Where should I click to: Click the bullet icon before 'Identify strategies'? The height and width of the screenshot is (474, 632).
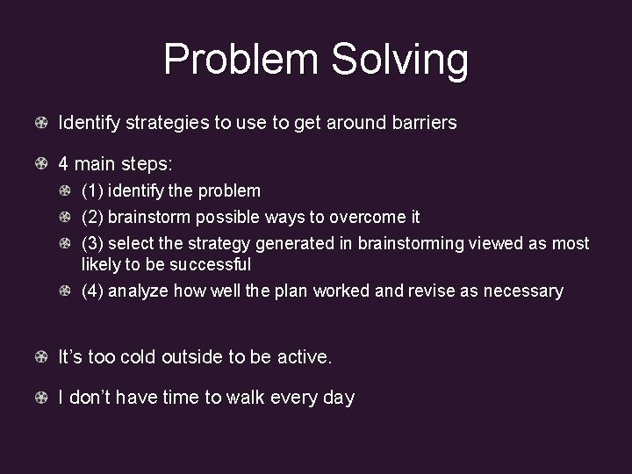[x=41, y=123]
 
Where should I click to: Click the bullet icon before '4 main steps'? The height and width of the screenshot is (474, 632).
[x=41, y=163]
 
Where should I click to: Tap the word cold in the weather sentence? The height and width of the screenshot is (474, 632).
[x=139, y=357]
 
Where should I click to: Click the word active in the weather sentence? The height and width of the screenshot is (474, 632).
[x=305, y=357]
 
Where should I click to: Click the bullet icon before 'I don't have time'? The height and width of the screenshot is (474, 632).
[x=41, y=398]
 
